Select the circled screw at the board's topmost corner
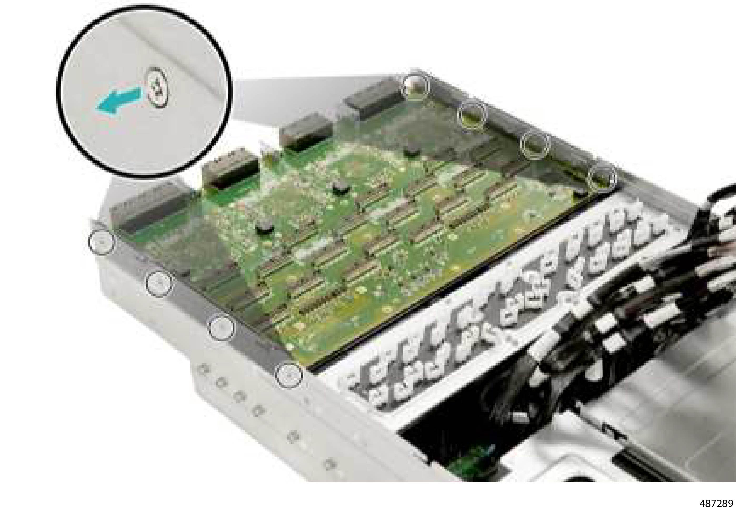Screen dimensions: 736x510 (415, 86)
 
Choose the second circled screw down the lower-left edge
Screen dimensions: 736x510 (159, 283)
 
